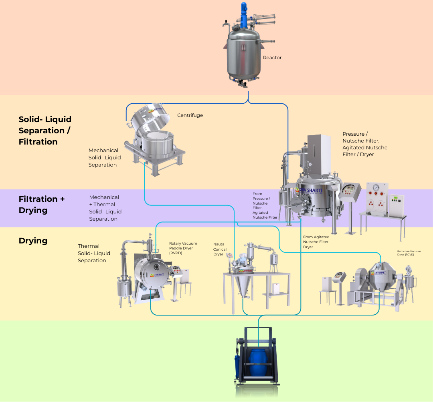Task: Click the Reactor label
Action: (272, 58)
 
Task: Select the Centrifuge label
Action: (190, 115)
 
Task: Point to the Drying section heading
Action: (33, 241)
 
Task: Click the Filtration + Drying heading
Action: (41, 205)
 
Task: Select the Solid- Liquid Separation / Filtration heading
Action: (45, 131)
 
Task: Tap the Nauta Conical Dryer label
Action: (220, 249)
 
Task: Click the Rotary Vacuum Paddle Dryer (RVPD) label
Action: (183, 248)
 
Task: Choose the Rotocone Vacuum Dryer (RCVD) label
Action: (409, 253)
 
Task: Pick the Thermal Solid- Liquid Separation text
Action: (94, 253)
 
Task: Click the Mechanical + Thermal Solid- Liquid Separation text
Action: (105, 208)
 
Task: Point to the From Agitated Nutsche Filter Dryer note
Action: (316, 242)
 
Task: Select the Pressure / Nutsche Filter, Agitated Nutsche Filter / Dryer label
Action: (365, 144)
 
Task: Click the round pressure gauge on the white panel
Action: (376, 187)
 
